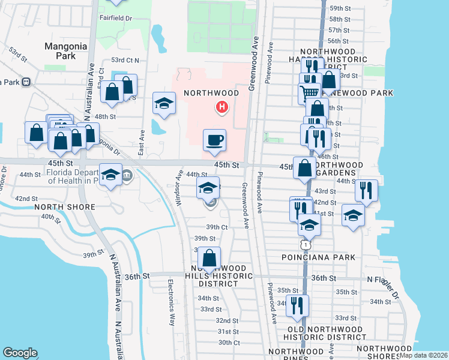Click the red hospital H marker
coord(222,107)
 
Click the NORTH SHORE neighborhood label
coord(65,207)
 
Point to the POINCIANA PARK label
coord(318,257)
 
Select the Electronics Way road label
coord(171,302)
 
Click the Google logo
coord(20,353)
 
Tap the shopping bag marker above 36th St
coord(209,259)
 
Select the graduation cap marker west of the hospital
coord(164,104)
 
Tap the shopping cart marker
coord(310,92)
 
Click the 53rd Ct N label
coord(125,60)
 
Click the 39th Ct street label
coord(217,227)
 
